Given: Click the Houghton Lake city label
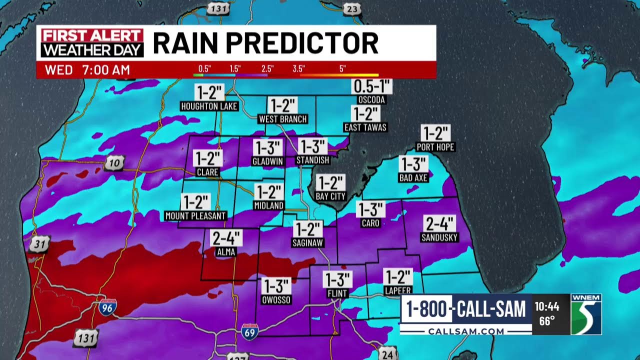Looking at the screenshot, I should click(x=209, y=106).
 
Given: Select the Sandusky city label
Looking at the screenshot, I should click(x=439, y=237).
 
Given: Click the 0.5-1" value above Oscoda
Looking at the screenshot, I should click(x=371, y=86).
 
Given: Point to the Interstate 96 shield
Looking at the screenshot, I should click(x=107, y=307).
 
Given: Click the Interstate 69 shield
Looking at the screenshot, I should click(x=250, y=331).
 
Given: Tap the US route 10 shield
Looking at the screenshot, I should click(x=114, y=163).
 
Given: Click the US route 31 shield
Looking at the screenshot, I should click(x=38, y=244).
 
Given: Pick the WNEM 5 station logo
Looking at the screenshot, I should click(x=586, y=314).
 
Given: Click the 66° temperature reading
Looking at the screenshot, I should click(x=546, y=321).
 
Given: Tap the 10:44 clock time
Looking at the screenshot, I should click(x=546, y=306).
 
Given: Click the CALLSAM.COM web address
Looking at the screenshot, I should click(x=466, y=331).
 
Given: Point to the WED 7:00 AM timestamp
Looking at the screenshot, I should click(x=87, y=70).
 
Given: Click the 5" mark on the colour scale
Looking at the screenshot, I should click(x=342, y=69).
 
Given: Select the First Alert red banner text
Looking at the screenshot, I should click(x=92, y=35).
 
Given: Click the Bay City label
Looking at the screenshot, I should click(x=330, y=196).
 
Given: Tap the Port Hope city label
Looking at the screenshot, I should click(x=435, y=147).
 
